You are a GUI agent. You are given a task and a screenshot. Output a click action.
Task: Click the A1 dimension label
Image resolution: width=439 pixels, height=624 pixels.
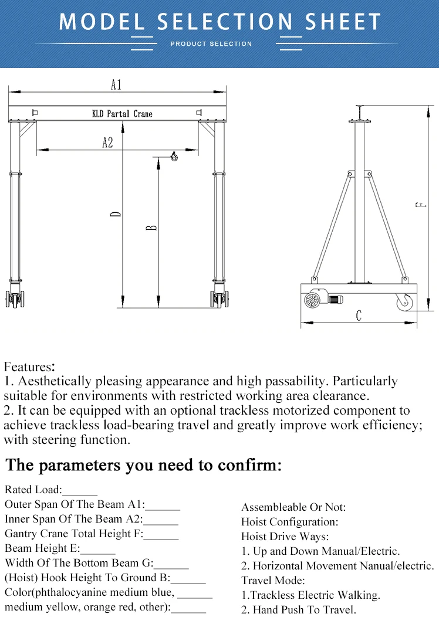116,85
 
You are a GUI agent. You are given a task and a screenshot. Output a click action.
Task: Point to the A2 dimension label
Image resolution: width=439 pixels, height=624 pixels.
107,143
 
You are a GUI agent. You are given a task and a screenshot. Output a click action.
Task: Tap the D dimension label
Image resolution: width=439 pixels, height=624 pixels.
117,214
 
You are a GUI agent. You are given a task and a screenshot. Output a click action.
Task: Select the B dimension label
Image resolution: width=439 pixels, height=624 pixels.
151,226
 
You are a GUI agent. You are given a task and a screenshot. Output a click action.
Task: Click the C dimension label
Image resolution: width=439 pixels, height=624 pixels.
359,316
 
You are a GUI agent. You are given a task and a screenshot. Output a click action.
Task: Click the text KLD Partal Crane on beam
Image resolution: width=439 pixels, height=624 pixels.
122,114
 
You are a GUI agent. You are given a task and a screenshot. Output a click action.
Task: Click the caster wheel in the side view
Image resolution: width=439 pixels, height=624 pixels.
404,302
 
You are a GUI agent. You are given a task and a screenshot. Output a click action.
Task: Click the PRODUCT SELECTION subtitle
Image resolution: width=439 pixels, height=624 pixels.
211,44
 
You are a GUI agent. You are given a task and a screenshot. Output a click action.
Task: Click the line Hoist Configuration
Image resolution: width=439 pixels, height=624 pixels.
290,521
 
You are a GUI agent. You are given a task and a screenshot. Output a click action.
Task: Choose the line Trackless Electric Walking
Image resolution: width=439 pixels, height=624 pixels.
310,595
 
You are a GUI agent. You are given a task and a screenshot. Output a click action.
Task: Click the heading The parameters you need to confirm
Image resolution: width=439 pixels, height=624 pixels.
144,466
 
